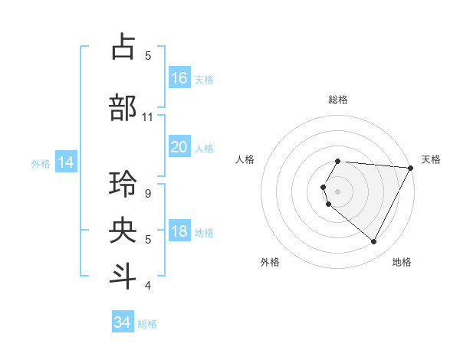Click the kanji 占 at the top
[x=123, y=47]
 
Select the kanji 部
[x=123, y=107]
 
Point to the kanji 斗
[x=123, y=275]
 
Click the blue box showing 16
[x=179, y=78]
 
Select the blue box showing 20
[x=179, y=147]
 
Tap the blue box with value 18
[x=179, y=231]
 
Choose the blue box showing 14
[x=66, y=162]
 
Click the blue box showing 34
[x=123, y=322]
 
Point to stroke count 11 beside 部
[x=148, y=117]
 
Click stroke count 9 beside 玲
[x=148, y=194]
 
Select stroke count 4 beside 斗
[x=148, y=286]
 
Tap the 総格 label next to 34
[x=147, y=324]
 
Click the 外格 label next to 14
[x=41, y=163]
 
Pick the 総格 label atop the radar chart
[x=338, y=100]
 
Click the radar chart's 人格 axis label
[x=245, y=159]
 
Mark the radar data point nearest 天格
[x=411, y=168]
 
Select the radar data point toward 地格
[x=374, y=242]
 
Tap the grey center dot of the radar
[x=338, y=191]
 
